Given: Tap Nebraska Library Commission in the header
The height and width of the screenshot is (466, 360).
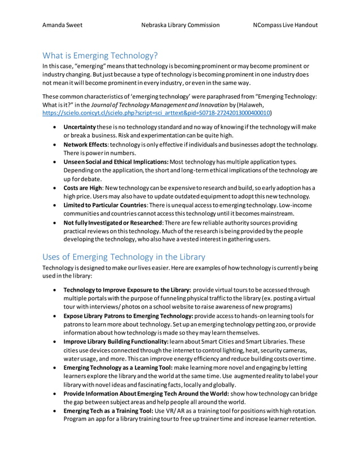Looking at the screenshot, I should point(180,25).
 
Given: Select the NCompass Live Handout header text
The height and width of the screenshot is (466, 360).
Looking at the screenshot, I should point(284,25).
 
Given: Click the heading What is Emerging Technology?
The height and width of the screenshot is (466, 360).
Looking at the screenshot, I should point(100,55).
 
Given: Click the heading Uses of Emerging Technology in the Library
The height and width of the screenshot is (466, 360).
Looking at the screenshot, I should point(124,257).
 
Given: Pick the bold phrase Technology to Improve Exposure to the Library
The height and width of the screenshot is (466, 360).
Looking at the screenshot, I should point(128,289).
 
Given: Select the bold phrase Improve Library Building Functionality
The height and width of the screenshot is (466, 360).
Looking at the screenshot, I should point(116,342).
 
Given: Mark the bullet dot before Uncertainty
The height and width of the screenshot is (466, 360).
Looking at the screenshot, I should point(54,126).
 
